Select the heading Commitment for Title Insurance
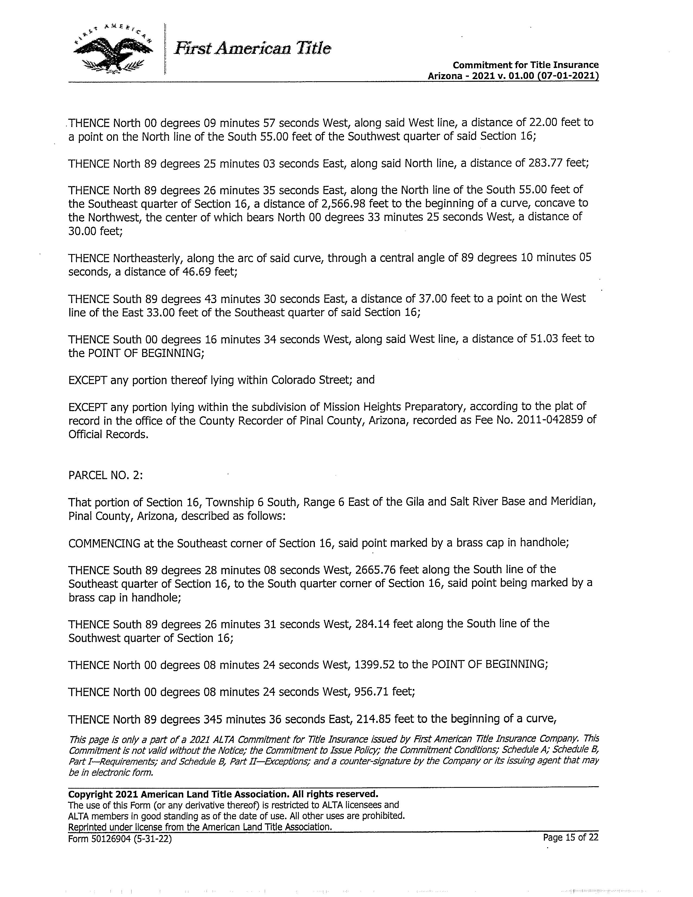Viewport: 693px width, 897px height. (525, 65)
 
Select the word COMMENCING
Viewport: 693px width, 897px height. (104, 543)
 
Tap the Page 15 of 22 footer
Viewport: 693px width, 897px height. (570, 837)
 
